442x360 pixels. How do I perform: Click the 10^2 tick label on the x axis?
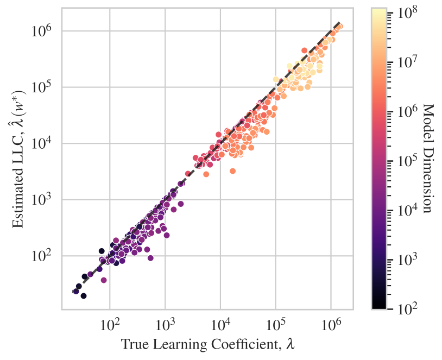[x=110, y=324]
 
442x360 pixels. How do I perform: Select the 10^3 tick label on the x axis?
[x=165, y=324]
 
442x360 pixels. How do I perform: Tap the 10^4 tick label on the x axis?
[x=220, y=324]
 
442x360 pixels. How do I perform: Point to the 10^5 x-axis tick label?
[x=276, y=324]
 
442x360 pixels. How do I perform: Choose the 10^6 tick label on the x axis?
[x=331, y=324]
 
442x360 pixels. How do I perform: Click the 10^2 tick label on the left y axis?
[x=43, y=256]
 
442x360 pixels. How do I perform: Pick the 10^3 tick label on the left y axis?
[x=43, y=199]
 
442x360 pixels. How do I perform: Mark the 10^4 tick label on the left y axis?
[x=43, y=143]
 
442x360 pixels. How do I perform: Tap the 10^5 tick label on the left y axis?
[x=43, y=87]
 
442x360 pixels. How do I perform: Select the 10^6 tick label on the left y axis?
[x=43, y=30]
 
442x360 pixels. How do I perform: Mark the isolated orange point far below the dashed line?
[x=232, y=171]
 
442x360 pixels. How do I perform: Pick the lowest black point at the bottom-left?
[x=84, y=295]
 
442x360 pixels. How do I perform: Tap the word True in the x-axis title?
[x=132, y=344]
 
